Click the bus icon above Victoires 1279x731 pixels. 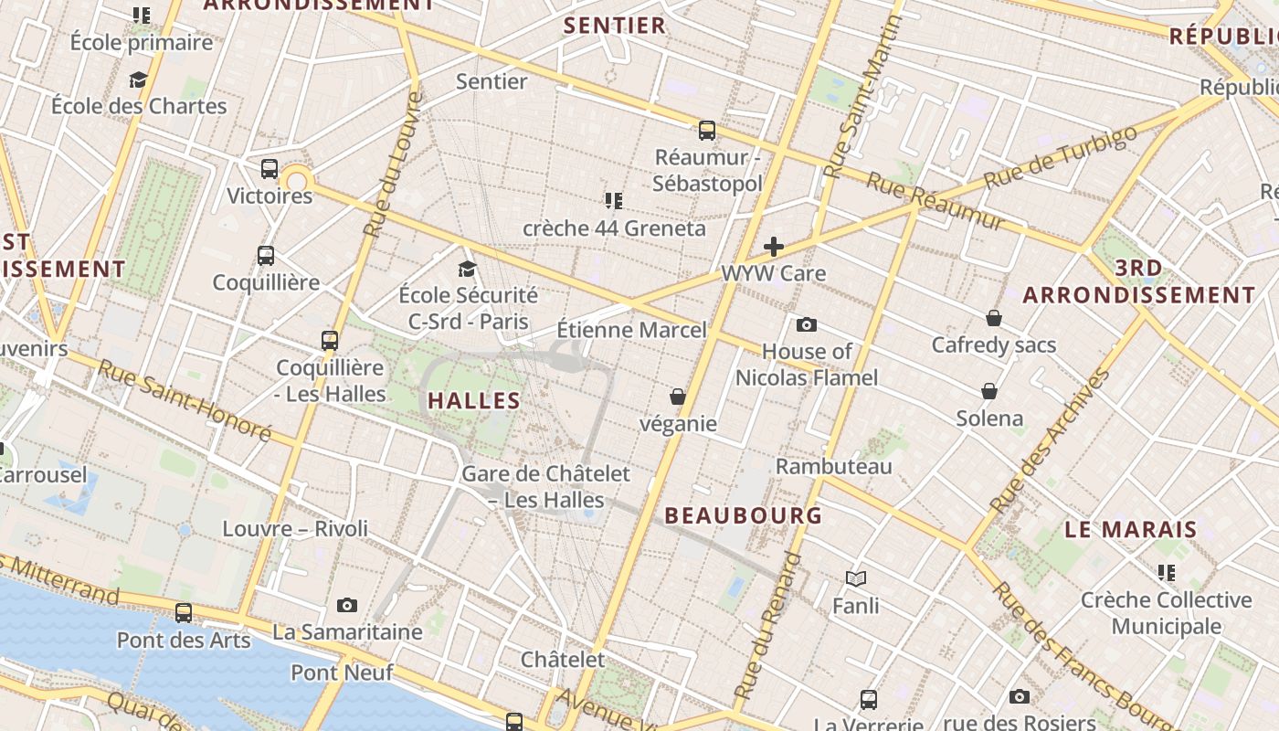(x=270, y=168)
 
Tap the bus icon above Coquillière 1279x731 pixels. (x=266, y=256)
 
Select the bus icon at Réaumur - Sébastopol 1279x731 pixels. (x=707, y=131)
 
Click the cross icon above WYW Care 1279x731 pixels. (x=774, y=246)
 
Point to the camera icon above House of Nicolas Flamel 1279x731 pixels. (x=807, y=324)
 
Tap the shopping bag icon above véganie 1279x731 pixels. (x=678, y=397)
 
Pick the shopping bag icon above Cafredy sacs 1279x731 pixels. (x=994, y=318)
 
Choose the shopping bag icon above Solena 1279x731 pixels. (x=989, y=391)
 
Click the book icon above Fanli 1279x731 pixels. (x=856, y=578)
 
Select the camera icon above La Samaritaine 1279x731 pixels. (x=347, y=605)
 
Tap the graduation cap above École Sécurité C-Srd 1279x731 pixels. (x=468, y=269)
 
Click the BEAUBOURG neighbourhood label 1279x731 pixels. (x=744, y=515)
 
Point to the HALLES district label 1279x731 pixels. (x=474, y=400)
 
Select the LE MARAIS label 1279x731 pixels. (x=1131, y=529)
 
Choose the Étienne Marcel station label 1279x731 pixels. (x=632, y=330)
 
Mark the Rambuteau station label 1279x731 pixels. (x=834, y=466)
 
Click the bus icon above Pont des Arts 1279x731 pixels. (x=184, y=613)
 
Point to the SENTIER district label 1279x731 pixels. (x=615, y=26)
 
